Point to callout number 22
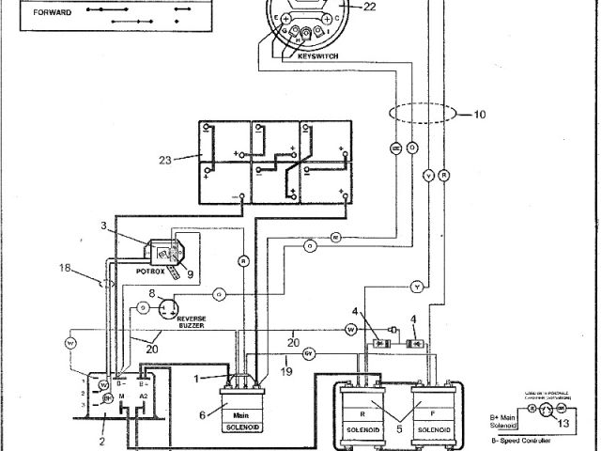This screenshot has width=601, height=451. click(369, 8)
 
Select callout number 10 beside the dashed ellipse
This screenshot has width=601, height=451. click(480, 116)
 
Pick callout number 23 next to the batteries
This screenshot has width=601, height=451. click(164, 160)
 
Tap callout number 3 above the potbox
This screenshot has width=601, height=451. click(105, 225)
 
